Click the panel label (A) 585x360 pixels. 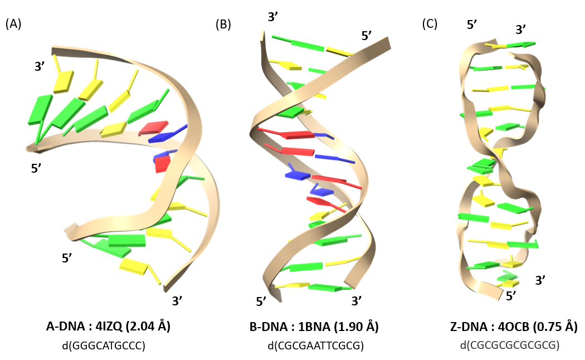[13, 24]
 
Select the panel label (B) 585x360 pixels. [223, 24]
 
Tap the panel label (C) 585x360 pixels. [430, 24]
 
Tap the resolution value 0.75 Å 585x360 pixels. [558, 327]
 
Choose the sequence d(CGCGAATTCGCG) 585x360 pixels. [315, 346]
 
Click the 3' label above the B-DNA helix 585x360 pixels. [274, 17]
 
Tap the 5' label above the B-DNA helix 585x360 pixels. [367, 36]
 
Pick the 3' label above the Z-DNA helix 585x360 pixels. [521, 29]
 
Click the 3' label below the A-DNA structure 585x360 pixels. [178, 301]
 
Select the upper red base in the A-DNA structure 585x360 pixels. [153, 128]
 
